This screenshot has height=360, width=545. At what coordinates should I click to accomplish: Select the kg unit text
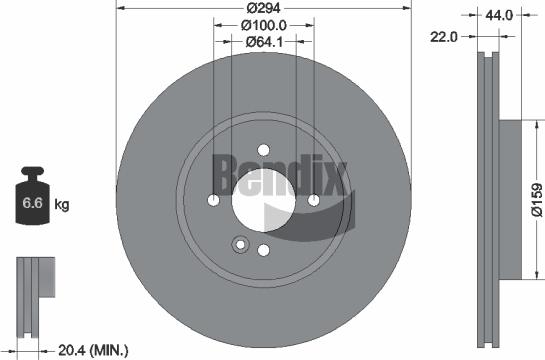point(61,206)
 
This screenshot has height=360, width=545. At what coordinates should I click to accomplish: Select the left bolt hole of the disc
point(214,200)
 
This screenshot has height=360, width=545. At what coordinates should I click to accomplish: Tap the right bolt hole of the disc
point(313,200)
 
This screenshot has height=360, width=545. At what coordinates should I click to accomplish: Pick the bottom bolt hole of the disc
point(264,250)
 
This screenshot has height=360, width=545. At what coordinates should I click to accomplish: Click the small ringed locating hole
point(238,243)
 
